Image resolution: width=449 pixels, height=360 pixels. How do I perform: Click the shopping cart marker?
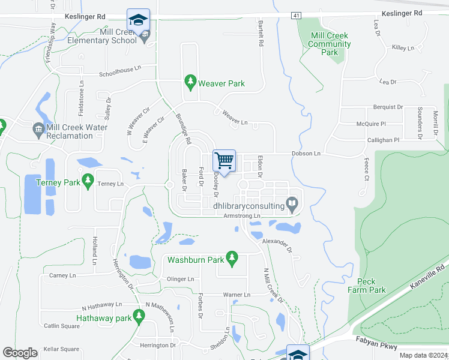(x=224, y=160)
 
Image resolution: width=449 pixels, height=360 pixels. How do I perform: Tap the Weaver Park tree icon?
(x=190, y=81)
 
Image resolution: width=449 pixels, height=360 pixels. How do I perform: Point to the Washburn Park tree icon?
(x=233, y=259)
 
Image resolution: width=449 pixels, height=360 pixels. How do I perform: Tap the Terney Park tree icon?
(x=88, y=179)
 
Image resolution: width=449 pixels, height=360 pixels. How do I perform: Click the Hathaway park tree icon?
(x=139, y=315)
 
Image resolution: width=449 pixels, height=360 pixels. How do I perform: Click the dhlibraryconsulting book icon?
(x=292, y=205)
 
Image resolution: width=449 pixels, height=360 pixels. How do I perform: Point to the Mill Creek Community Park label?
(x=330, y=44)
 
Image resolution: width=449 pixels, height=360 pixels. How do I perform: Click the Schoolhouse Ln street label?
(x=120, y=75)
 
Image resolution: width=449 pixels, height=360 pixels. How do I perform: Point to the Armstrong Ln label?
(x=243, y=215)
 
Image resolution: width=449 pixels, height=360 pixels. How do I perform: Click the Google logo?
(x=20, y=353)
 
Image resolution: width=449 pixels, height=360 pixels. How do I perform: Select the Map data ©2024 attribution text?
(x=424, y=355)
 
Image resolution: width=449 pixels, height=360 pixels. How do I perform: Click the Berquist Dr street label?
(x=388, y=107)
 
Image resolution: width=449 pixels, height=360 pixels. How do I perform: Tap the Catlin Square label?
(x=61, y=326)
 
